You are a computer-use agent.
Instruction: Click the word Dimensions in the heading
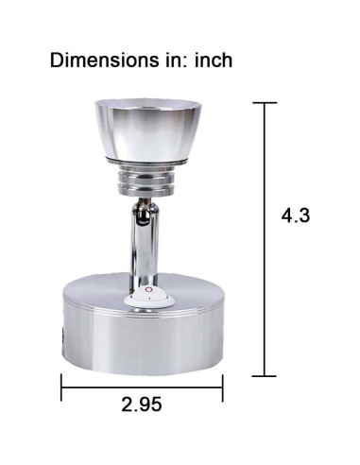(x=104, y=60)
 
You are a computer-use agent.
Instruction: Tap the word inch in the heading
(x=214, y=60)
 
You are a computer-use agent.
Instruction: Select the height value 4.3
(x=296, y=215)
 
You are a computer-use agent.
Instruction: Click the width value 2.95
(x=142, y=405)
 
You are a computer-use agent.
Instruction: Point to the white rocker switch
(x=149, y=298)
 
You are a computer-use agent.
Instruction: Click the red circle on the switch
(x=148, y=289)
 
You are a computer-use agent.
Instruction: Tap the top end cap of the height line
(x=265, y=103)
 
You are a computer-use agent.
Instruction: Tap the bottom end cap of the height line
(x=265, y=376)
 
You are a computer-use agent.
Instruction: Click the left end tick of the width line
(x=61, y=387)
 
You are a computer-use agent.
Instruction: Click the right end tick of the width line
(x=223, y=387)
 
